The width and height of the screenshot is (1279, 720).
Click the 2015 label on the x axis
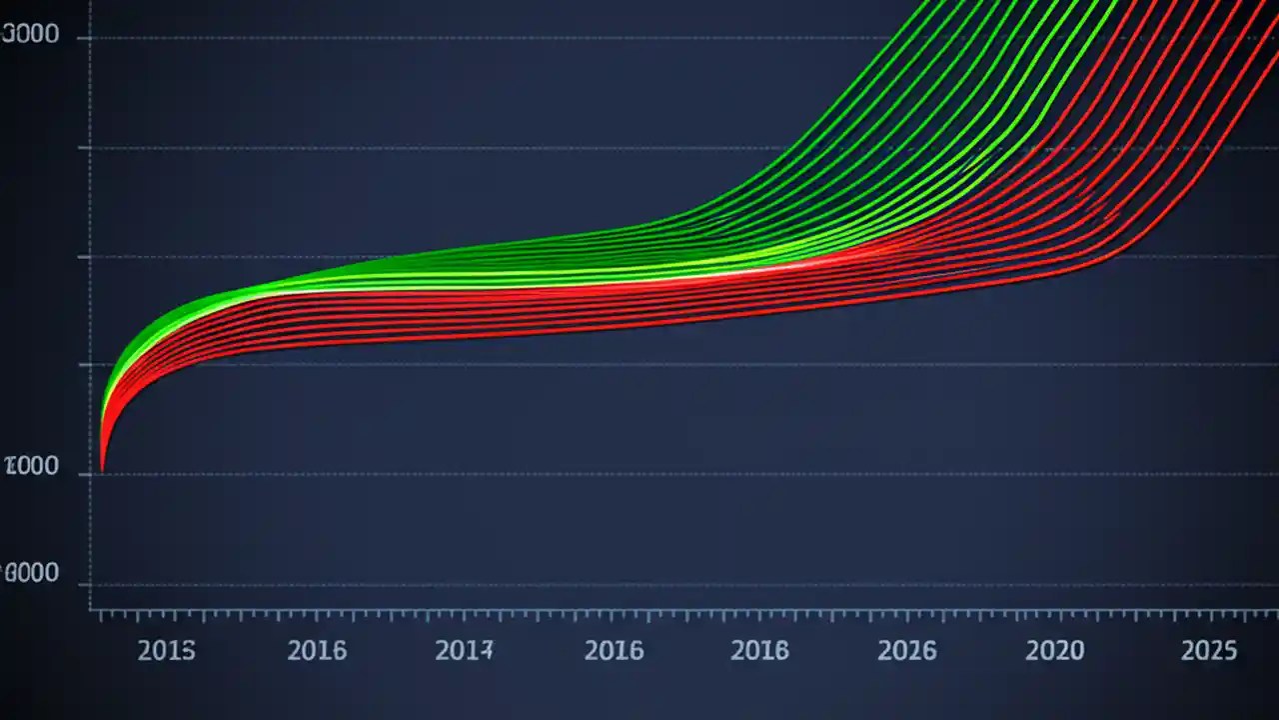point(166,651)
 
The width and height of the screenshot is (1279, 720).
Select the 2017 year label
point(465,651)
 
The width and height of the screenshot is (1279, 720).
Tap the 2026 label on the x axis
point(907,651)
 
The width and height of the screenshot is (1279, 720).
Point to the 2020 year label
point(1054,651)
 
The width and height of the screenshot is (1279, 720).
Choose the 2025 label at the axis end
point(1209,651)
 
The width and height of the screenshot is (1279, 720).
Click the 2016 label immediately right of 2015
point(317,651)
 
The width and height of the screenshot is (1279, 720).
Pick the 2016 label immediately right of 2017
point(614,651)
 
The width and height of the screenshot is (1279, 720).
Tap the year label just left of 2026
point(759,651)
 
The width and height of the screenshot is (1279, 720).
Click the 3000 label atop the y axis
point(31,36)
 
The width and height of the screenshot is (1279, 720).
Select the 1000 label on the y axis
point(31,467)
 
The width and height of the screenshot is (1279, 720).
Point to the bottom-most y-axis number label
point(31,574)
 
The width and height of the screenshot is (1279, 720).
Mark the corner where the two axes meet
point(91,608)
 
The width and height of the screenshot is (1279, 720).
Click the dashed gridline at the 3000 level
point(500,38)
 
